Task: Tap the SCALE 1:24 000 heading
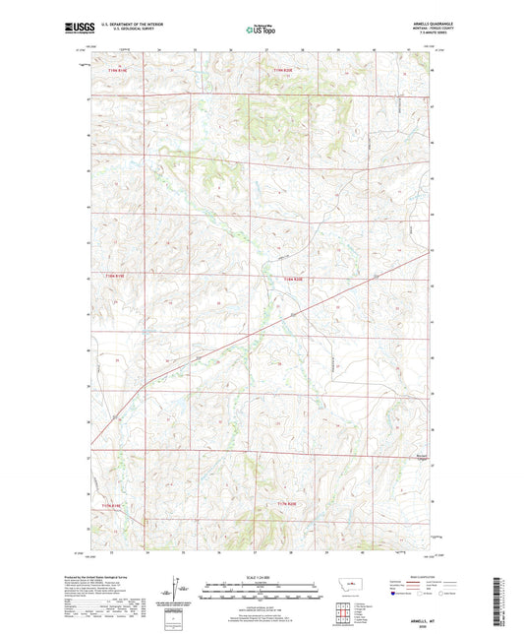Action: coord(261,578)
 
